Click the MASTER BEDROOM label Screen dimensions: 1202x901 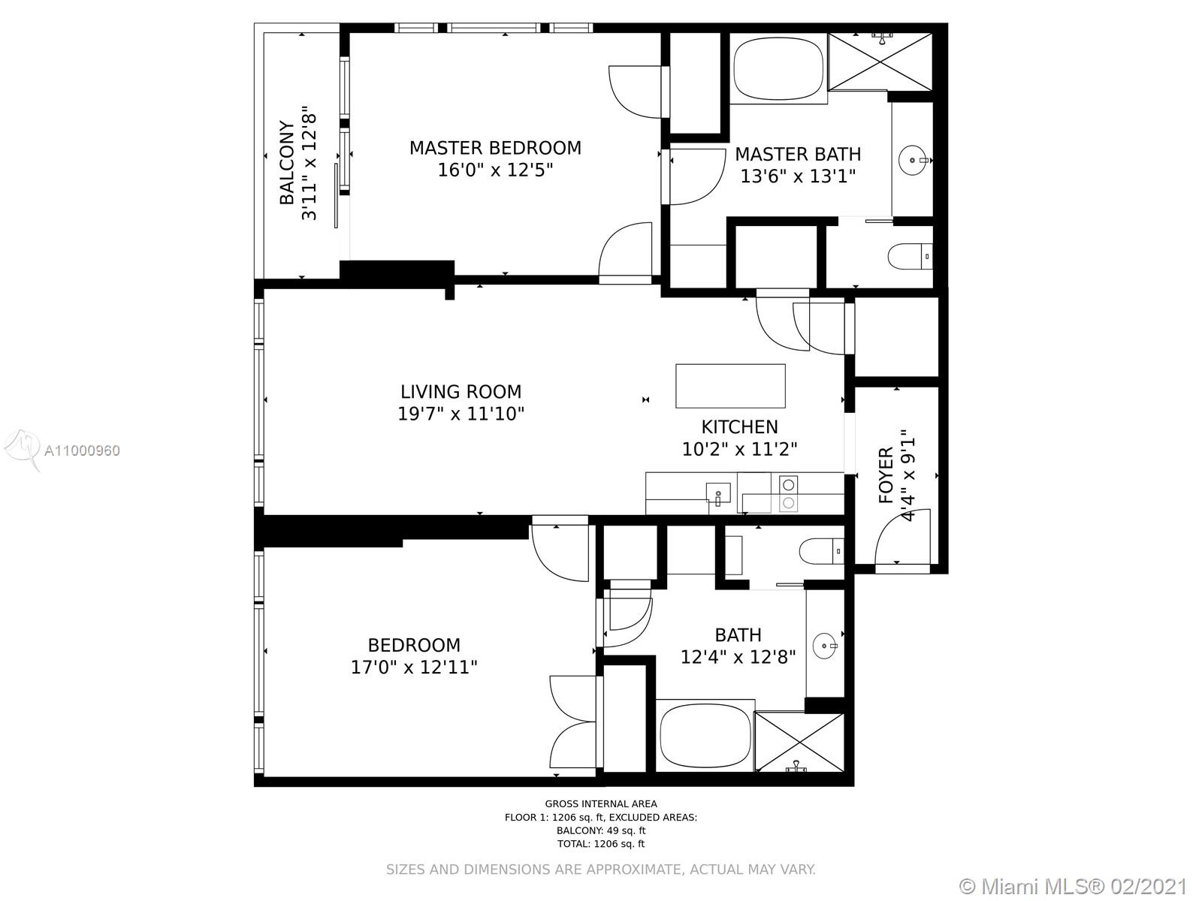[495, 148]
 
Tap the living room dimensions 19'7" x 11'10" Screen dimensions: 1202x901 [461, 414]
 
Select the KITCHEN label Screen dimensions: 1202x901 [739, 426]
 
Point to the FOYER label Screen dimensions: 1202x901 [886, 475]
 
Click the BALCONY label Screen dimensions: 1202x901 [287, 162]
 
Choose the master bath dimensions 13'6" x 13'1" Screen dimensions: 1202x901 [798, 176]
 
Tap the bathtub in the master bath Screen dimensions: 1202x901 [778, 68]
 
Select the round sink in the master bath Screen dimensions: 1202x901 [913, 160]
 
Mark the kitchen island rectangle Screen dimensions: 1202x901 [730, 386]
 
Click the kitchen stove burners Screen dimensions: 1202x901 [789, 493]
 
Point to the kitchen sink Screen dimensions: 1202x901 [718, 493]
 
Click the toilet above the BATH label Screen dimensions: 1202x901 [821, 551]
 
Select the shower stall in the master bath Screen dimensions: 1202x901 [880, 62]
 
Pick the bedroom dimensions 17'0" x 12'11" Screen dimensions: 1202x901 [414, 667]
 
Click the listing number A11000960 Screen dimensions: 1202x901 [82, 450]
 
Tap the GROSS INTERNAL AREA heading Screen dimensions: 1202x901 [601, 803]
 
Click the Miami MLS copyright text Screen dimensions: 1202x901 [1074, 887]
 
